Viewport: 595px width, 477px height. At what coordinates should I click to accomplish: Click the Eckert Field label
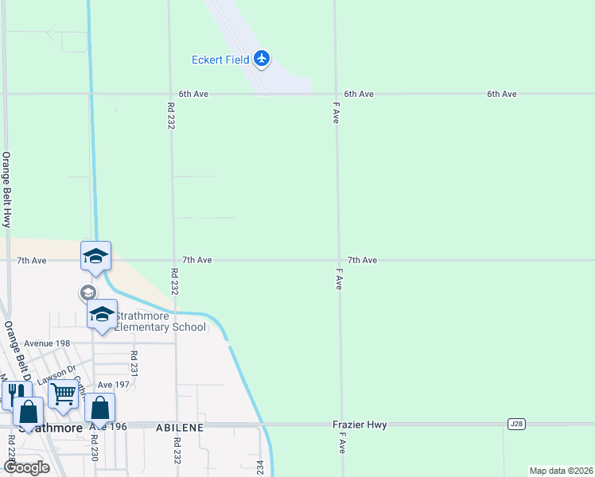pyautogui.click(x=220, y=59)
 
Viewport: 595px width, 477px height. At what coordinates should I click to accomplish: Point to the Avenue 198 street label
pyautogui.click(x=47, y=343)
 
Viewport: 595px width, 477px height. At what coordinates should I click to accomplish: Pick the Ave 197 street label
pyautogui.click(x=113, y=385)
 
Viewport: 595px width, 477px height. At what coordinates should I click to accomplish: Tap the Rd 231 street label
pyautogui.click(x=134, y=363)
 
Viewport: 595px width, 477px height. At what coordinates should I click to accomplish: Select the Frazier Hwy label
pyautogui.click(x=360, y=425)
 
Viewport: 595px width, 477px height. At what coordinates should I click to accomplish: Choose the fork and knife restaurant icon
pyautogui.click(x=14, y=393)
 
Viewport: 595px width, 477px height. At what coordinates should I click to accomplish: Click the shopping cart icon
pyautogui.click(x=63, y=393)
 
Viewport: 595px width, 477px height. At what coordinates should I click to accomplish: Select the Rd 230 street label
pyautogui.click(x=94, y=448)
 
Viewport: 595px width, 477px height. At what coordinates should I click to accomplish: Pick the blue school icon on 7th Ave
pyautogui.click(x=95, y=255)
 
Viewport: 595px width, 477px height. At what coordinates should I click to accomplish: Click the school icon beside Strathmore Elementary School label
pyautogui.click(x=102, y=313)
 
